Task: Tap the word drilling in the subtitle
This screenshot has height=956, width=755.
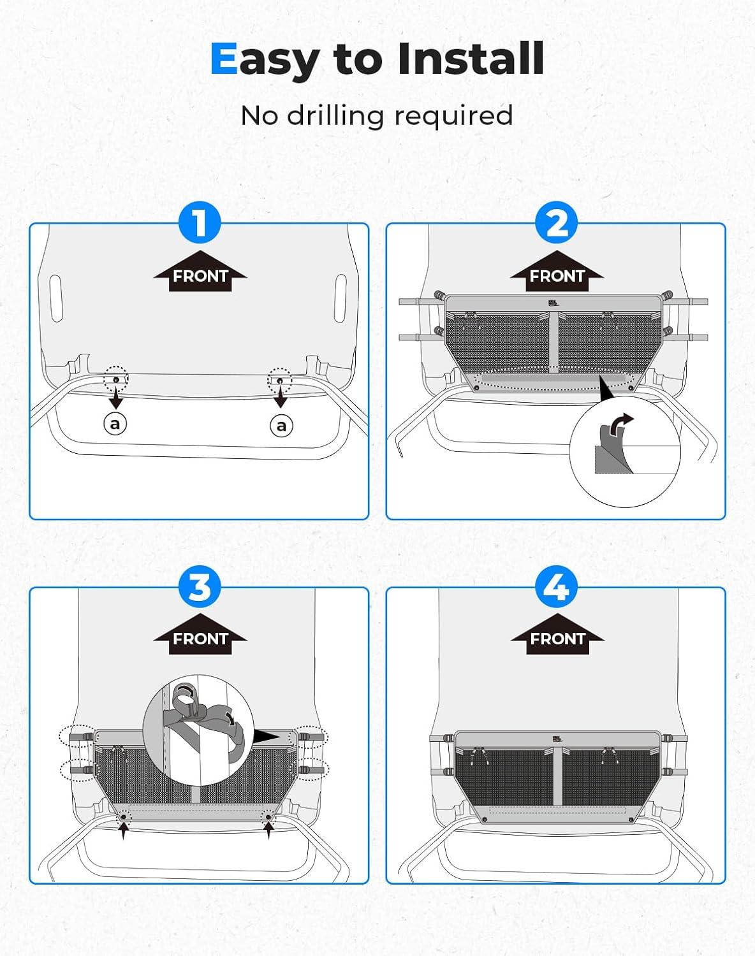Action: point(336,115)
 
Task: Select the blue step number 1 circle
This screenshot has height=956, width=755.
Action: point(200,224)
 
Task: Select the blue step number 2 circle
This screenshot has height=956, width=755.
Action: point(557,224)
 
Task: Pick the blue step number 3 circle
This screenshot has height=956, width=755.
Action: point(200,586)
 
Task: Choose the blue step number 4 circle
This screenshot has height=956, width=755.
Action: point(557,586)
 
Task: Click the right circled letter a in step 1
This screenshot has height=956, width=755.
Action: point(281,424)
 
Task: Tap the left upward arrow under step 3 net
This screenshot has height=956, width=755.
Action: point(123,830)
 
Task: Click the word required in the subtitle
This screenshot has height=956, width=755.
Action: point(453,115)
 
